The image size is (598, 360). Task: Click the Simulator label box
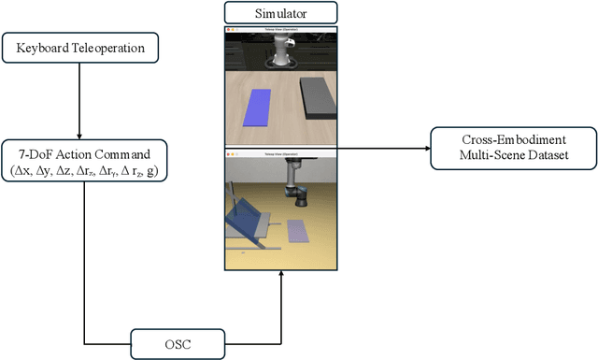(x=280, y=13)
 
